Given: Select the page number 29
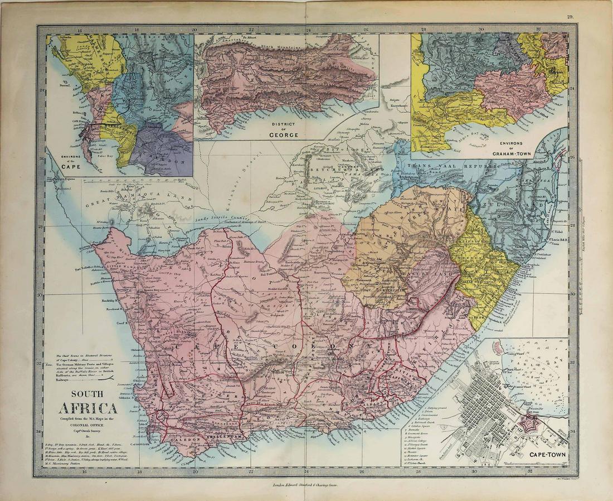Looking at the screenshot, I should coord(570,17).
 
